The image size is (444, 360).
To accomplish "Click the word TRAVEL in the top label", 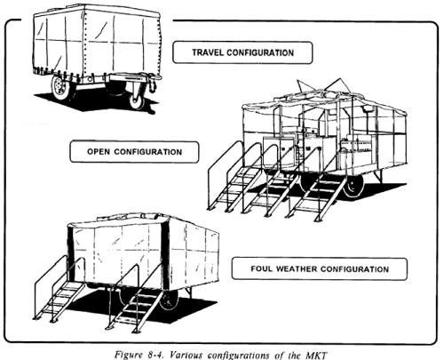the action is click(x=208, y=52).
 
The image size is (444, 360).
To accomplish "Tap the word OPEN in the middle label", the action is click(x=99, y=152).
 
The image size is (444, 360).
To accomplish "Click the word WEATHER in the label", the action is click(x=297, y=268).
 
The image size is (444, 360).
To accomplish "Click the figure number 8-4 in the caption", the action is click(x=155, y=355).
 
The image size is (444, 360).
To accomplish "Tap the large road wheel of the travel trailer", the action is click(x=60, y=87).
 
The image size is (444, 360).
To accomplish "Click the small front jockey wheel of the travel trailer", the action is click(x=137, y=102).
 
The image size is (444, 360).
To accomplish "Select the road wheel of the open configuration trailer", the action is click(x=353, y=185).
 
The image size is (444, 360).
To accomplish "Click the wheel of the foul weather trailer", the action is click(x=169, y=300).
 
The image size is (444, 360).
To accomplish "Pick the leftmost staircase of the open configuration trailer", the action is click(x=233, y=178).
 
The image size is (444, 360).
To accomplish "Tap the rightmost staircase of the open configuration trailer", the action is click(x=318, y=189).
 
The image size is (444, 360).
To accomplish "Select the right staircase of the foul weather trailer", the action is click(x=136, y=300).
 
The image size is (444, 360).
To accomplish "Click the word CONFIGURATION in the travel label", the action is click(x=260, y=52).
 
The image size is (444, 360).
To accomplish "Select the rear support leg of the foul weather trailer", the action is click(x=188, y=292).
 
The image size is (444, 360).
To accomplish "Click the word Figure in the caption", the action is click(x=129, y=355).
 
